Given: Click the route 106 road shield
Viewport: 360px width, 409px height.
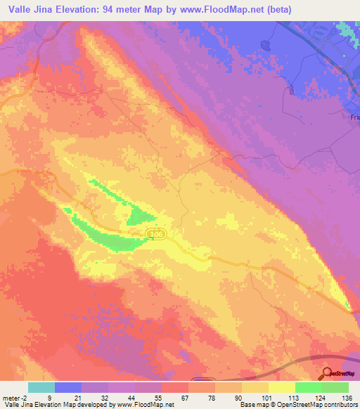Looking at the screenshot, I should coord(156,233).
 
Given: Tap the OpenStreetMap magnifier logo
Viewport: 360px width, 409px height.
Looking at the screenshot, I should coord(328,374).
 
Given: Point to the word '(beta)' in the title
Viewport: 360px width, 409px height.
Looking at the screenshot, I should coord(277,9).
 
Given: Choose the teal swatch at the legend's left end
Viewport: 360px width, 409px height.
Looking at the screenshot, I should coord(41,387).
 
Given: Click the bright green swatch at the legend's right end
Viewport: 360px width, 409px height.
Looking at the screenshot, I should coord(335,387).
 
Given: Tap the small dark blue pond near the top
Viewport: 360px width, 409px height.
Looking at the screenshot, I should coord(266,44).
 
